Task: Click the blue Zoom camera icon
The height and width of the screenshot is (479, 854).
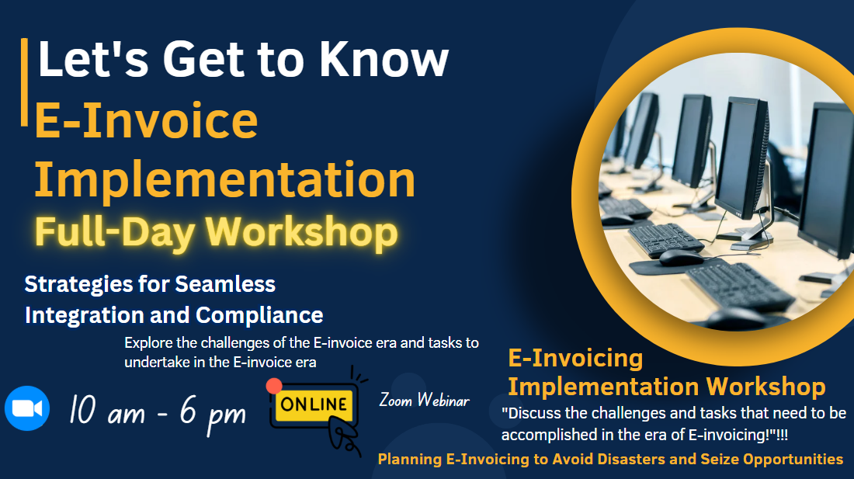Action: pos(27,408)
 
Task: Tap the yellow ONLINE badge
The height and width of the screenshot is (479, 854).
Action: pos(314,404)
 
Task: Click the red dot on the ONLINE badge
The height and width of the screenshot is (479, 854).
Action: pos(274,386)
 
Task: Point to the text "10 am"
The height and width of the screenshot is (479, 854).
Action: pos(107,411)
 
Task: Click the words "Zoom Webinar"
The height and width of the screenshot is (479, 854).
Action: pos(424,401)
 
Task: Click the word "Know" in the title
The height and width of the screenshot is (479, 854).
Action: pos(384,59)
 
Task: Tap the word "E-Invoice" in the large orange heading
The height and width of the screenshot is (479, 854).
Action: pos(146,120)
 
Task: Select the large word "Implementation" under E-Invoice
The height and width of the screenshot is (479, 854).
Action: pos(225,179)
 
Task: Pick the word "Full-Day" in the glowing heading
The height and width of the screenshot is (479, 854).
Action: pos(114,233)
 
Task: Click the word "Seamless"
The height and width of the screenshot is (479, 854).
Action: pos(225,284)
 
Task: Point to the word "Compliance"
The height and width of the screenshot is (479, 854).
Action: pos(259,315)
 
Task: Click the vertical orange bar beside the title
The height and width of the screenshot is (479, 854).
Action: pos(24,82)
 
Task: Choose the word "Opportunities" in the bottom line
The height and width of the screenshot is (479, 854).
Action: pos(793,460)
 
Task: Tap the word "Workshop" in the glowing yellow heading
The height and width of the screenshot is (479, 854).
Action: pos(302,233)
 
